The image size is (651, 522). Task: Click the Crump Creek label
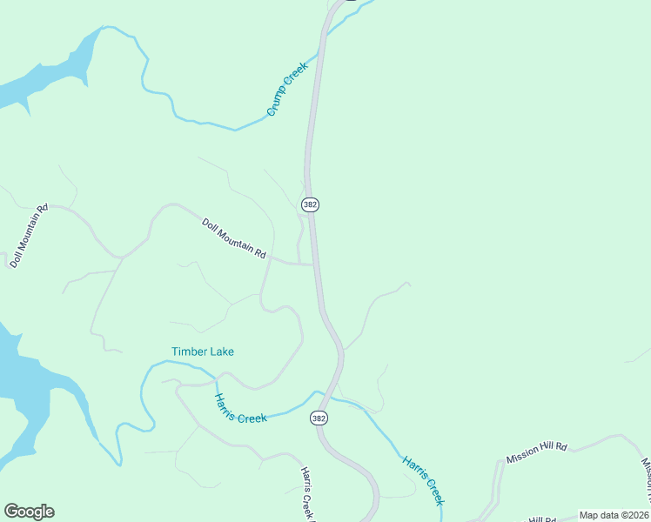pyautogui.click(x=288, y=89)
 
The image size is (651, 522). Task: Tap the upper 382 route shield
pyautogui.click(x=311, y=204)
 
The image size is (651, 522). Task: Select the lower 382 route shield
pyautogui.click(x=319, y=418)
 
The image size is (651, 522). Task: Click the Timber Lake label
pyautogui.click(x=203, y=351)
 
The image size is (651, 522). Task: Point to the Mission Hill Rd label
pyautogui.click(x=537, y=452)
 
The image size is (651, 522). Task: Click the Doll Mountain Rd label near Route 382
pyautogui.click(x=233, y=238)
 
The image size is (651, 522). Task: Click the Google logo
pyautogui.click(x=29, y=512)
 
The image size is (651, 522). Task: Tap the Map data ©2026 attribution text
pyautogui.click(x=614, y=515)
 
